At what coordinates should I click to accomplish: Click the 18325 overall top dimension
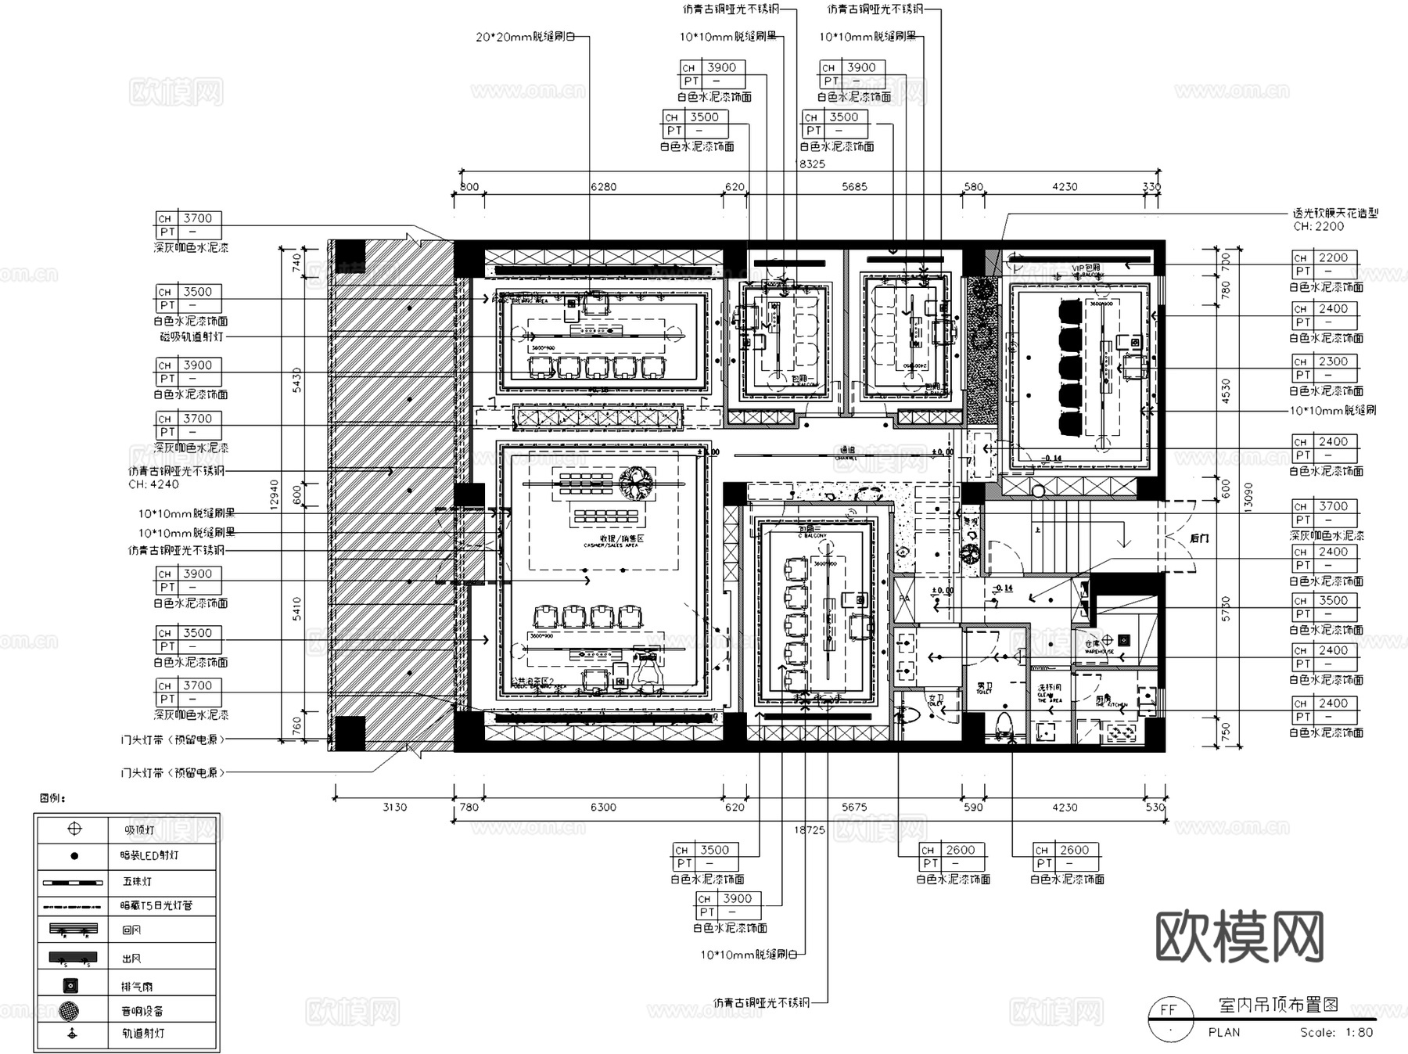[x=810, y=164]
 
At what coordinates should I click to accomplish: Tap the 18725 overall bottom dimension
[x=810, y=829]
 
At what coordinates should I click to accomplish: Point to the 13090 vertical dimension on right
[x=1248, y=496]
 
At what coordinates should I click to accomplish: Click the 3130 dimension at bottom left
[x=394, y=807]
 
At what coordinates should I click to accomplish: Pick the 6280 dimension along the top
[x=603, y=187]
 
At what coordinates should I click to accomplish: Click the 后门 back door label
[x=1199, y=538]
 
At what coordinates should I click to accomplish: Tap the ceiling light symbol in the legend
[x=74, y=829]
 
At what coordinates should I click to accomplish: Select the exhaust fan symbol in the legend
[x=71, y=985]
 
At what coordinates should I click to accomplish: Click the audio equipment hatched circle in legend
[x=71, y=1010]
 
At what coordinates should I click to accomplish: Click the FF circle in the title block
[x=1169, y=1009]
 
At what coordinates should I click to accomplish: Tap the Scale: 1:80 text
[x=1336, y=1032]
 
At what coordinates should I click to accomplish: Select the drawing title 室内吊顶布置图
[x=1279, y=1005]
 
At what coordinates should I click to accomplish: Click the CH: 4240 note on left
[x=153, y=484]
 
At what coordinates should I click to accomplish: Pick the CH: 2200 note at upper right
[x=1318, y=226]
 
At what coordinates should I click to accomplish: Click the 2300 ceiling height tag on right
[x=1333, y=362]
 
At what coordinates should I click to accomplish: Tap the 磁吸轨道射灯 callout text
[x=191, y=336]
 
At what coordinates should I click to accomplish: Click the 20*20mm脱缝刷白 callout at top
[x=526, y=37]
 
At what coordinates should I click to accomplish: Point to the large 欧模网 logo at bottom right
[x=1240, y=937]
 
